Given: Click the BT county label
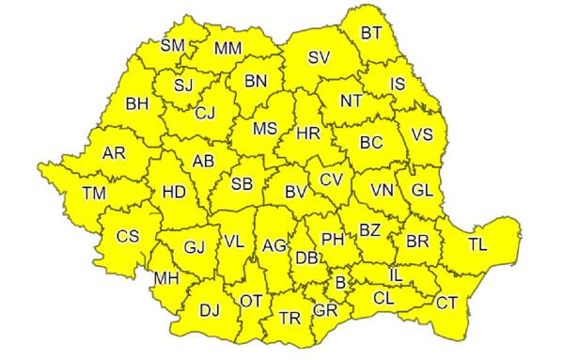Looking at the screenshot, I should pyautogui.click(x=371, y=33).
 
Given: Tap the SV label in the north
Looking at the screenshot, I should pyautogui.click(x=320, y=58).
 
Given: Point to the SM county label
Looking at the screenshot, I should pyautogui.click(x=173, y=45).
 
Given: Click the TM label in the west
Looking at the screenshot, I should pyautogui.click(x=94, y=193).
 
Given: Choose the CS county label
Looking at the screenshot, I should pyautogui.click(x=127, y=236).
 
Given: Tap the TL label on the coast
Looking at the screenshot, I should pyautogui.click(x=478, y=245).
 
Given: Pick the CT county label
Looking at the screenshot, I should pyautogui.click(x=446, y=303).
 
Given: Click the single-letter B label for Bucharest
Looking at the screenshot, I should pyautogui.click(x=340, y=281).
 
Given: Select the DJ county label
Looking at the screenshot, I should pyautogui.click(x=210, y=308).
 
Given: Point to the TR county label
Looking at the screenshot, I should pyautogui.click(x=290, y=318).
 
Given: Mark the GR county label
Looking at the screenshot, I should pyautogui.click(x=325, y=309).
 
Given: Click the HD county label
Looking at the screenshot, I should pyautogui.click(x=174, y=193).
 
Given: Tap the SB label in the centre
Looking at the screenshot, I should pyautogui.click(x=243, y=182).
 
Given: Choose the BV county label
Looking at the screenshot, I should pyautogui.click(x=296, y=192).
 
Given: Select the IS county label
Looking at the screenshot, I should pyautogui.click(x=398, y=85).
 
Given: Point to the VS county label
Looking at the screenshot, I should pyautogui.click(x=422, y=134).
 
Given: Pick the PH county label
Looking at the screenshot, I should pyautogui.click(x=333, y=239).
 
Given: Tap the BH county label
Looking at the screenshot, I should pyautogui.click(x=138, y=104).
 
